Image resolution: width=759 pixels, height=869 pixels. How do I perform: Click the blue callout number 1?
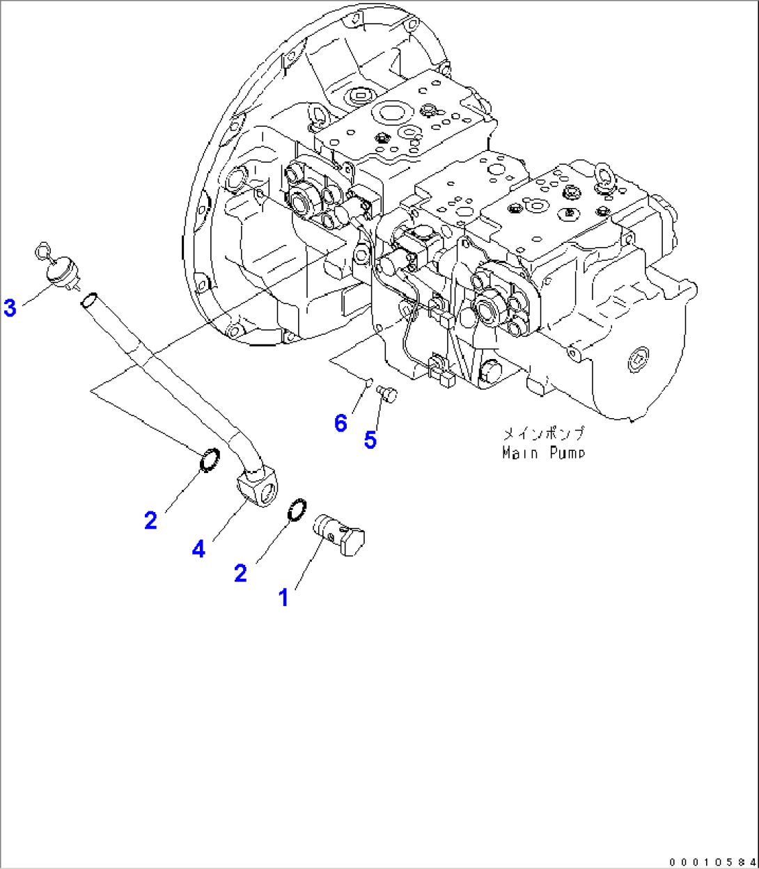coord(283,597)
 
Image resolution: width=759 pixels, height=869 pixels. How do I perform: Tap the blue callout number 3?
coord(10,308)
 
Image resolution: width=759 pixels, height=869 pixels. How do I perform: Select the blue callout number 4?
coord(199,549)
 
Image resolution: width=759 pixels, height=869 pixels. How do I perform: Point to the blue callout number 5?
coord(370,440)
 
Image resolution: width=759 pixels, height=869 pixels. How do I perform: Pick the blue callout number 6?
coord(341,422)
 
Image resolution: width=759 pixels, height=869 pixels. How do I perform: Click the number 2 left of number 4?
coord(151,520)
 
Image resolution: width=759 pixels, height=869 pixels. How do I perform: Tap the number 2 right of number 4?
coord(240,573)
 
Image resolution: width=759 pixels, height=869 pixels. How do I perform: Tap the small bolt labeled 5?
coord(385,394)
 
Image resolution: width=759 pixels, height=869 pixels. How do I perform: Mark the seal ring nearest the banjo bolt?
coord(296,509)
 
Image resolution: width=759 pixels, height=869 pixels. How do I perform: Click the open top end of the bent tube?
coord(88,301)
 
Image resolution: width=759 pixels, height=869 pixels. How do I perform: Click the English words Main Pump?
coord(543,453)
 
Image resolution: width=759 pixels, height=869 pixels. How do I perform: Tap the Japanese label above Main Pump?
coord(543,434)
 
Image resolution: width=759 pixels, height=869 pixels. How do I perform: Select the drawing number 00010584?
coord(711,861)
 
